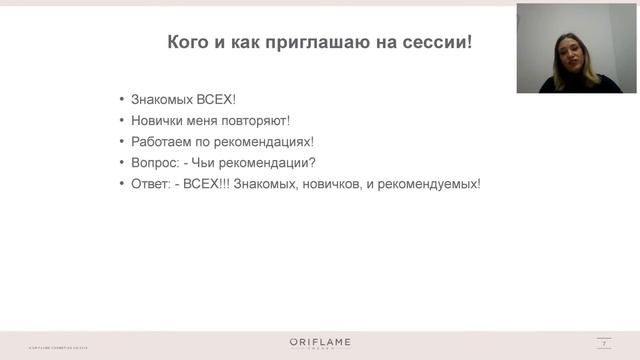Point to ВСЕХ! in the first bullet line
click(215, 100)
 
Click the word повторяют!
click(257, 121)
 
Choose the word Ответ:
click(152, 184)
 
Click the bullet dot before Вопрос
click(122, 163)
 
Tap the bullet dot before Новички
click(122, 121)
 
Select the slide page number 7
click(605, 343)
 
